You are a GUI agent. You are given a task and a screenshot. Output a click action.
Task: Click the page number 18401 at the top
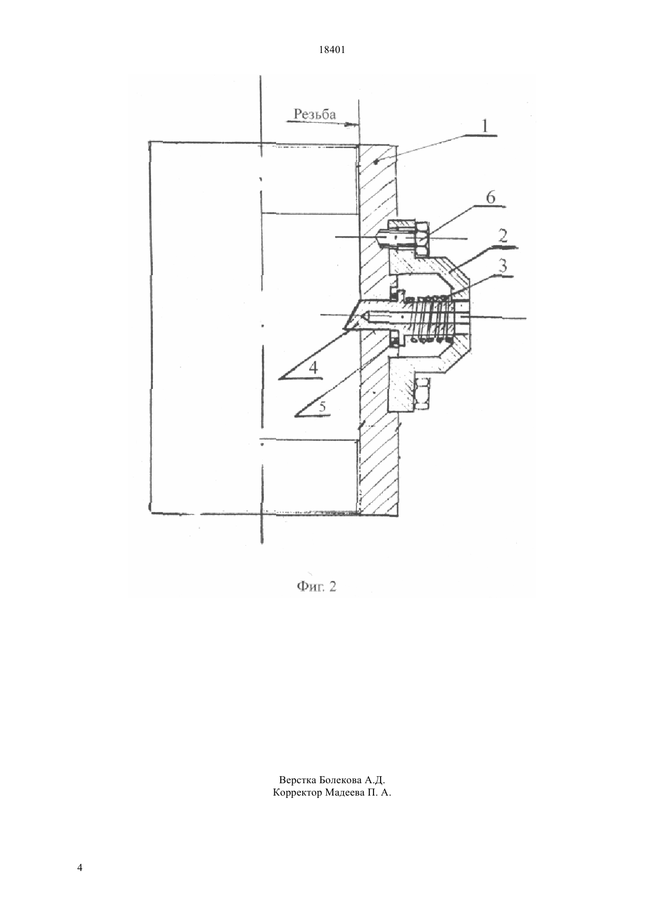332,50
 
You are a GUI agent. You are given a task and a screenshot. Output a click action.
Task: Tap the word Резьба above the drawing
314,114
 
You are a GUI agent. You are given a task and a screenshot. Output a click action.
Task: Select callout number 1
485,126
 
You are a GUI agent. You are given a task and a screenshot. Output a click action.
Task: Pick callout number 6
490,197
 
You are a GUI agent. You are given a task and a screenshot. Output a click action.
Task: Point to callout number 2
503,236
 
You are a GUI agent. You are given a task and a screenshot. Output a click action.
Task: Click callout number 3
502,266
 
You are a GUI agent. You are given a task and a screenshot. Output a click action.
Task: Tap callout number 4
313,368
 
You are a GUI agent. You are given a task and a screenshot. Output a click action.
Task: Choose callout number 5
322,407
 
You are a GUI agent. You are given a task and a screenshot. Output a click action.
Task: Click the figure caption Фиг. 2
316,586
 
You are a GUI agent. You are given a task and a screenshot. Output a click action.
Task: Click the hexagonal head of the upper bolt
422,239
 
